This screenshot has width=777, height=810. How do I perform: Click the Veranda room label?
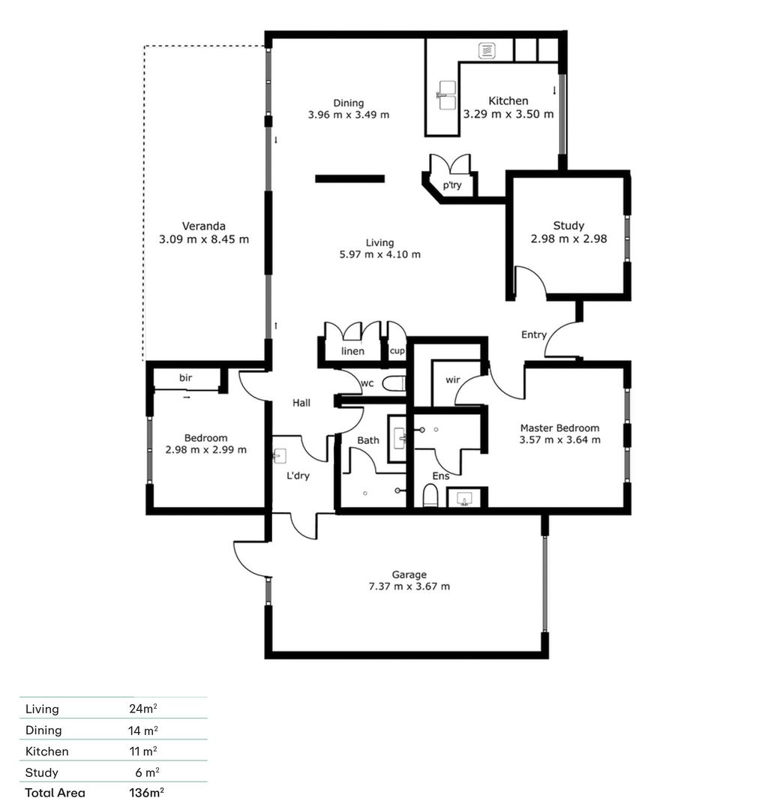coord(203,226)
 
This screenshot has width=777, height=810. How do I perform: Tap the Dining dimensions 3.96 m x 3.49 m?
coord(349,115)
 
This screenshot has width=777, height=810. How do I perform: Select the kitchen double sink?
coord(447,95)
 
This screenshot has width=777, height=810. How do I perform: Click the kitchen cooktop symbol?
coord(487,51)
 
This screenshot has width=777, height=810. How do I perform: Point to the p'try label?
coord(452,185)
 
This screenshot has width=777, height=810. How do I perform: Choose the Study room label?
coord(568,226)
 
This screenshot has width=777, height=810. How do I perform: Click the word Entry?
coord(534,334)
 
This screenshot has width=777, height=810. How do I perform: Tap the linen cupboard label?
coord(352,351)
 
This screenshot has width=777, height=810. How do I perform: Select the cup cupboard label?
coord(397,351)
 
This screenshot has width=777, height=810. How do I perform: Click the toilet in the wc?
coord(394,384)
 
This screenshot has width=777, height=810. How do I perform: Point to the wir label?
coord(452,379)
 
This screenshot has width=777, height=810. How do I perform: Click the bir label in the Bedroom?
coord(185,377)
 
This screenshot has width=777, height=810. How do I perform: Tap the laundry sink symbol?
coord(280,456)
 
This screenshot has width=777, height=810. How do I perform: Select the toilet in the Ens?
coord(430,496)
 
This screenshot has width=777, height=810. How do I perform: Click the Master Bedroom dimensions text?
coord(560,440)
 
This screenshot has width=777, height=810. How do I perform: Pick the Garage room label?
coord(409,574)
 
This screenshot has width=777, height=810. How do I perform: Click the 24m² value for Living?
coord(143,709)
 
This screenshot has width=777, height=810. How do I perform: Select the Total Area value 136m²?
coord(147,793)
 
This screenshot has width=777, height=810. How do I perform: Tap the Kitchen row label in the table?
coord(47,751)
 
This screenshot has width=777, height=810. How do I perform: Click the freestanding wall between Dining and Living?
coord(350,178)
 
